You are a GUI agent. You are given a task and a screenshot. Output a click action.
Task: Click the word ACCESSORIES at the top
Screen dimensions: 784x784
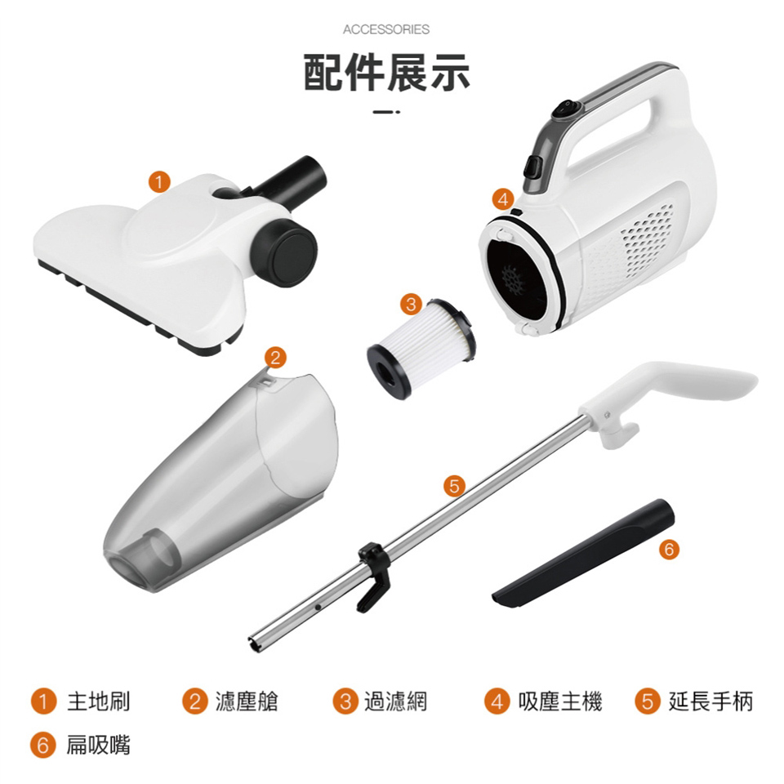386,29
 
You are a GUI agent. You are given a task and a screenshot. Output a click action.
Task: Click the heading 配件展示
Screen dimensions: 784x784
386,73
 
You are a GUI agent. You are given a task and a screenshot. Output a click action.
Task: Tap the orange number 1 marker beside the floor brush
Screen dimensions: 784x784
159,181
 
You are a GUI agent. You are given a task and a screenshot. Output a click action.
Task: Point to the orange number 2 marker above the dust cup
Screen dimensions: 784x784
275,358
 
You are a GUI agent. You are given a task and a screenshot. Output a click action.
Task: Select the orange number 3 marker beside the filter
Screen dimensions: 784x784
411,304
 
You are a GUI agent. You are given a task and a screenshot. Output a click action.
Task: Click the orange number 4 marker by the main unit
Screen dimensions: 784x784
503,199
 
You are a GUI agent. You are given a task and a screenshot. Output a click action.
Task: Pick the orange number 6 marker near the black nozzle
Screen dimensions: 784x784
669,550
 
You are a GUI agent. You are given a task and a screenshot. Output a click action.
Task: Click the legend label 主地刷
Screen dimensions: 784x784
99,701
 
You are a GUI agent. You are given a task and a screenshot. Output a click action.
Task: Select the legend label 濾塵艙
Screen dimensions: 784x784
247,701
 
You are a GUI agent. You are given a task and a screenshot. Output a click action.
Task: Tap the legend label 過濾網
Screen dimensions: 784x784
395,701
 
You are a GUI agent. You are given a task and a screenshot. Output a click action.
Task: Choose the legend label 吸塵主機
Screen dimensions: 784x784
560,701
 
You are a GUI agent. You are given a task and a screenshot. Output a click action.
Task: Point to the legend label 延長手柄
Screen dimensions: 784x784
710,701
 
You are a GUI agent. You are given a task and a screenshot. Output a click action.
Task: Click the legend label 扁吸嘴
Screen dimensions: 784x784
99,745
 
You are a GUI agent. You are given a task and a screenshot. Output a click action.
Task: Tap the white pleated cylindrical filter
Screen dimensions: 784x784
421,349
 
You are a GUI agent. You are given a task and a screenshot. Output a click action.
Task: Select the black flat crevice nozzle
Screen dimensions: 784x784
583,553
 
